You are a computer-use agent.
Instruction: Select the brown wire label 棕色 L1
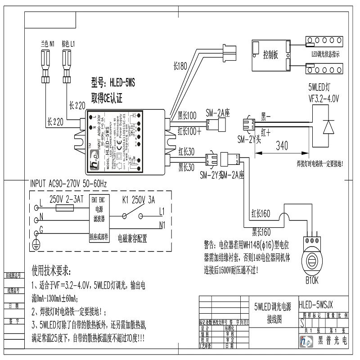pyautogui.click(x=68, y=45)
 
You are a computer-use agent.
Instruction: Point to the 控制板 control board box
pyautogui.click(x=270, y=55)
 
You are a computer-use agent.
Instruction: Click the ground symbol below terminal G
pyautogui.click(x=37, y=243)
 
